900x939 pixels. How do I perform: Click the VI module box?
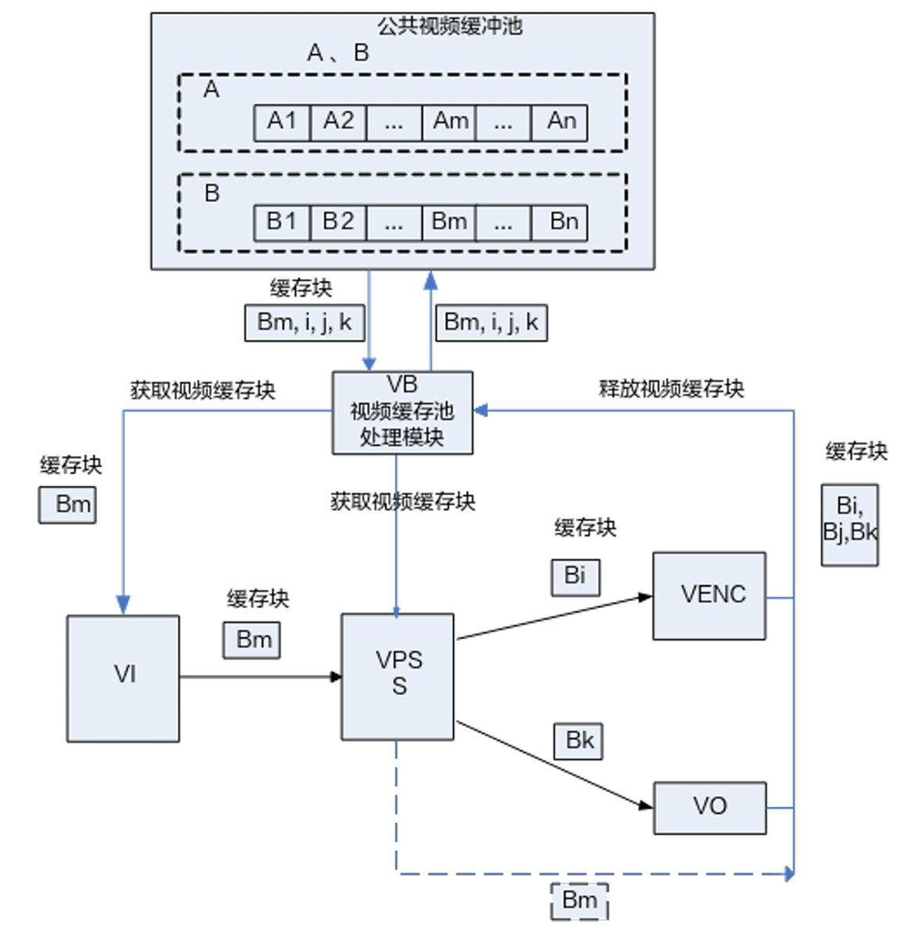123,678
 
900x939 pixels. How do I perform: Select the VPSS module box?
398,677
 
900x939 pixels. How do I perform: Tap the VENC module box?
709,596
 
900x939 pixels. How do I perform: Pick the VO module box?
710,808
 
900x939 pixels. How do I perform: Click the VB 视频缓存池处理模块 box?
402,412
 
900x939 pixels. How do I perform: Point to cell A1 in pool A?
283,123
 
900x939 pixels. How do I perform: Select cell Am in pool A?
449,123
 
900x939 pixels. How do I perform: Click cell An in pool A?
560,123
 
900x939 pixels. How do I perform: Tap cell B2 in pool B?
338,223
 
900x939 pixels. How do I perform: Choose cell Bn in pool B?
560,223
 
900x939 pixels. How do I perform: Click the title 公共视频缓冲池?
450,26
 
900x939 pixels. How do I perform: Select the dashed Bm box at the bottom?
579,901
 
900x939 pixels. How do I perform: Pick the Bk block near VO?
578,741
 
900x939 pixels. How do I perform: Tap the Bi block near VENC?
575,577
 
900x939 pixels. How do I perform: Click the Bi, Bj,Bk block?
849,524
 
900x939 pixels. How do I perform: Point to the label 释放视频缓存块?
671,389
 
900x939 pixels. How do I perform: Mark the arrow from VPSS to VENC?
554,617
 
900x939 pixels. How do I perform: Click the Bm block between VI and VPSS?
252,640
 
